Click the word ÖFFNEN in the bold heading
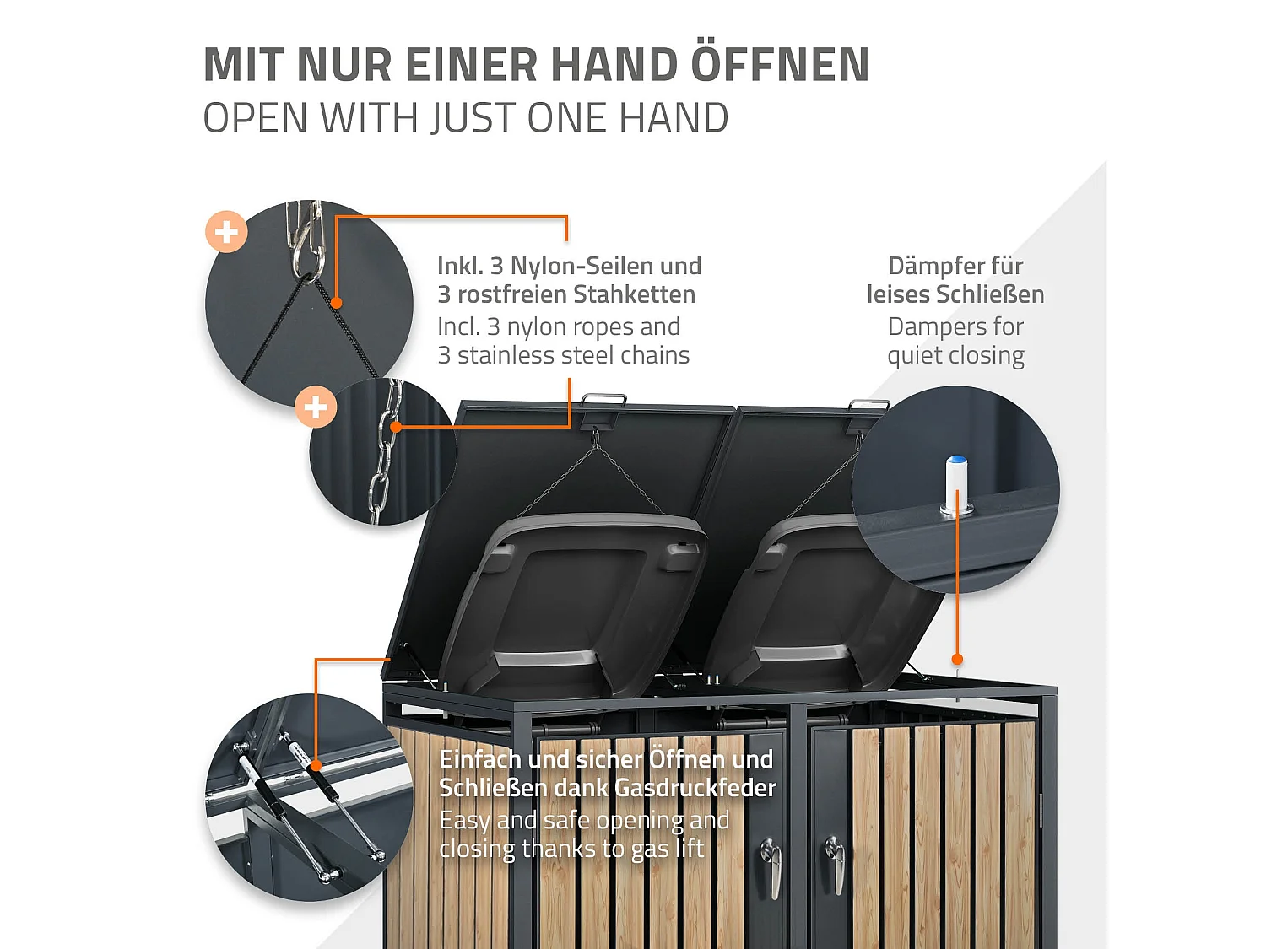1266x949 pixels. [x=780, y=66]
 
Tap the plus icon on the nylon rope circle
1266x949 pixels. [x=226, y=231]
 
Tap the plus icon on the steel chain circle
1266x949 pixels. [x=316, y=407]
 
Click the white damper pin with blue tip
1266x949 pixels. [x=956, y=484]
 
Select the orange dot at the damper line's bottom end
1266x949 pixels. [x=957, y=659]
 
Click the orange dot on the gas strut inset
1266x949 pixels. [x=316, y=765]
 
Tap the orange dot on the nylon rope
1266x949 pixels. [x=336, y=303]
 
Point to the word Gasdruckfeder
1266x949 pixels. [x=695, y=788]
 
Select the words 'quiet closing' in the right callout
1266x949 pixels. [x=955, y=355]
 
